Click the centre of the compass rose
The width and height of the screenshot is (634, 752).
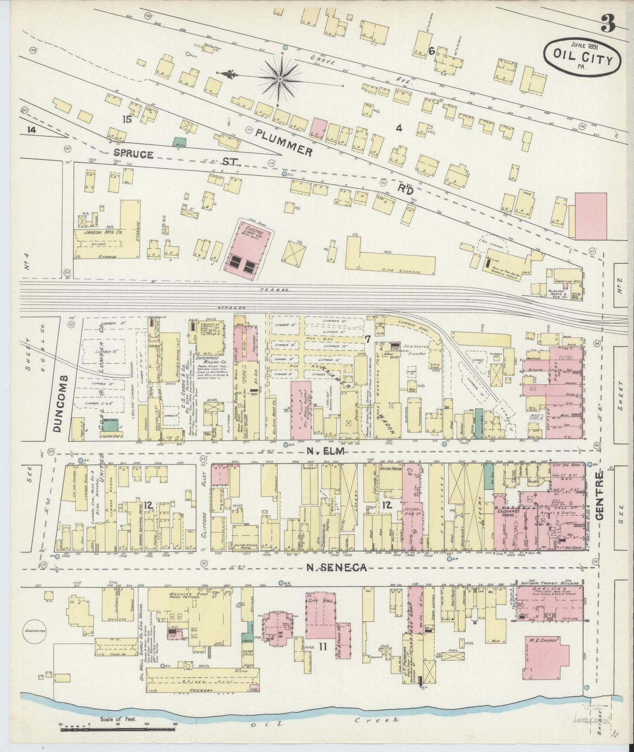click(280, 79)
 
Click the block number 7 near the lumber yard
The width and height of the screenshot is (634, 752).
click(368, 338)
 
